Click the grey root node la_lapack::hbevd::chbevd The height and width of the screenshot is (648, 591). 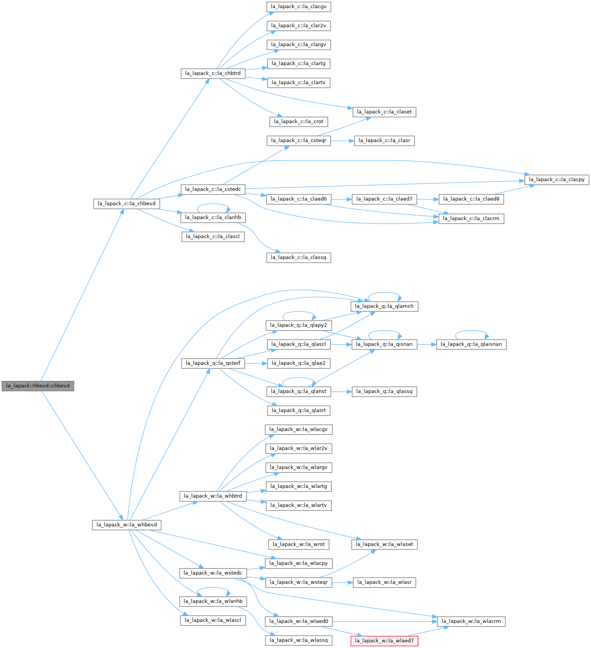[38, 386]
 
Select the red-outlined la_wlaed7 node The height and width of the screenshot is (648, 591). [384, 641]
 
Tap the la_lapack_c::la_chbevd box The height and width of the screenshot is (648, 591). [127, 204]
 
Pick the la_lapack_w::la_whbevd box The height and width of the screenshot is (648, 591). [127, 525]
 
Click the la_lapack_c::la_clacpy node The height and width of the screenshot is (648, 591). [556, 180]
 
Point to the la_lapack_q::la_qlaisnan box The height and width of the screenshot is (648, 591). [471, 344]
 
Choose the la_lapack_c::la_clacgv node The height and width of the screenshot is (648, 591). [299, 7]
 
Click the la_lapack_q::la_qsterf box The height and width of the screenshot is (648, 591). [213, 363]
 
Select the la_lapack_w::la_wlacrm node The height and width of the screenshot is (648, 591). [471, 621]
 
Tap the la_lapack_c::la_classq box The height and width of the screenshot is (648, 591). [299, 257]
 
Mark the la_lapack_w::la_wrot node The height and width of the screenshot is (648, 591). [299, 544]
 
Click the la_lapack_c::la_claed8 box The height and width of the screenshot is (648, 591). [471, 199]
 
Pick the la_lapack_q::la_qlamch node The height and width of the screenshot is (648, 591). [384, 306]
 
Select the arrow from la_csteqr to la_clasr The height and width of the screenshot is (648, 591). [342, 141]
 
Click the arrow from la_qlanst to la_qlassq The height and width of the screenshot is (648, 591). [341, 392]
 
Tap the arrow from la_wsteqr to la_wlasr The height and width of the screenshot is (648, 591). [342, 583]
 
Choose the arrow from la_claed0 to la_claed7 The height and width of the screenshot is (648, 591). [341, 199]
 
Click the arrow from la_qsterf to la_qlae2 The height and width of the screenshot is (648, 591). [256, 363]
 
